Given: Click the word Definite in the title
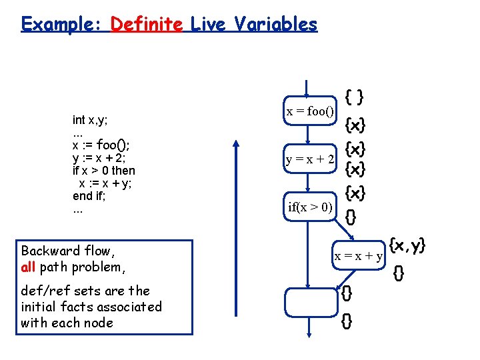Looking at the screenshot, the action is click(147, 25).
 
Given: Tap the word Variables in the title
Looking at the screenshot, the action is click(274, 25).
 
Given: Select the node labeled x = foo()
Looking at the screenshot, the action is click(310, 111).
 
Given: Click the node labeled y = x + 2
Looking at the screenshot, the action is click(310, 159).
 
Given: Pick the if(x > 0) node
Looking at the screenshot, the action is click(310, 207).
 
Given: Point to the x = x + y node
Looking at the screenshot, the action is click(358, 255).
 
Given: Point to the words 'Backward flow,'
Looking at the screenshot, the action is click(68, 251).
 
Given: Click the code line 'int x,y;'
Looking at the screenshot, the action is click(91, 120).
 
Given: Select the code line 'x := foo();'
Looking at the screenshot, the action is click(101, 145).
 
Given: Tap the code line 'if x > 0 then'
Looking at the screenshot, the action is click(103, 171).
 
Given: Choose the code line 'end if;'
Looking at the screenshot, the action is click(89, 196).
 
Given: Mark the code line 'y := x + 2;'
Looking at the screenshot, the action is click(99, 158).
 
